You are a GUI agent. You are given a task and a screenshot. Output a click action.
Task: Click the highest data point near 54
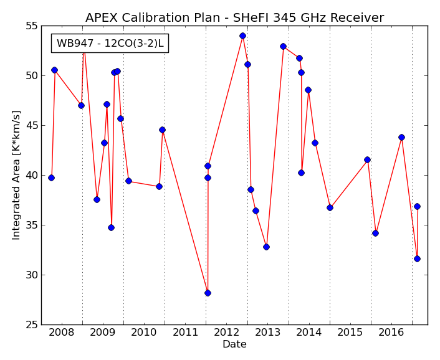pos(242,36)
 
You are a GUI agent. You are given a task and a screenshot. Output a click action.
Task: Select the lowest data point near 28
pos(208,293)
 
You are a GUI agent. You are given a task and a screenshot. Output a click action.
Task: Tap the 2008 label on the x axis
pos(62,333)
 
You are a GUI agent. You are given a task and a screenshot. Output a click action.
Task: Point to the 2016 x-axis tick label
pos(391,333)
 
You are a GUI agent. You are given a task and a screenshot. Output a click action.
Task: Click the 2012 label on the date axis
pos(226,333)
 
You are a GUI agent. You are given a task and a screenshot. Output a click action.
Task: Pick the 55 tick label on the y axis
pos(31,26)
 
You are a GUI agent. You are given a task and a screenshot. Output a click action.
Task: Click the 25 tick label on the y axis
pos(31,325)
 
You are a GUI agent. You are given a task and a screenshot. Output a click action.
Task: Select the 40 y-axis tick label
pos(31,176)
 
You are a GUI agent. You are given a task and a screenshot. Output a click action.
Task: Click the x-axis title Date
pos(234,344)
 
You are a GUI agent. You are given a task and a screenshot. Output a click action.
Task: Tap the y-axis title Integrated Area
pos(16,176)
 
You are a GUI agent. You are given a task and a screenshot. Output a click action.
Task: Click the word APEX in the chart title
pos(102,17)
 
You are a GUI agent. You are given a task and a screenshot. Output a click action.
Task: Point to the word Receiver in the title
pos(357,17)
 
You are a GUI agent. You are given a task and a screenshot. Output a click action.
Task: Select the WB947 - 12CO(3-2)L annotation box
pos(110,43)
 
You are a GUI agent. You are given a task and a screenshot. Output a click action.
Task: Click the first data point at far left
pos(51,178)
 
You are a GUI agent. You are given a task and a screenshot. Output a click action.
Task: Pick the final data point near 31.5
pos(418,258)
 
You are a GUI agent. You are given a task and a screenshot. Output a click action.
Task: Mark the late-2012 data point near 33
pos(266,247)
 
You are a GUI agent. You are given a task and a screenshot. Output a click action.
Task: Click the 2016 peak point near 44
pos(401,137)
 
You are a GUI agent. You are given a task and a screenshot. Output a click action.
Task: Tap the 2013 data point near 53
pos(283,46)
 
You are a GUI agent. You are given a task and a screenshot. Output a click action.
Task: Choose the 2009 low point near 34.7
pos(111,228)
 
